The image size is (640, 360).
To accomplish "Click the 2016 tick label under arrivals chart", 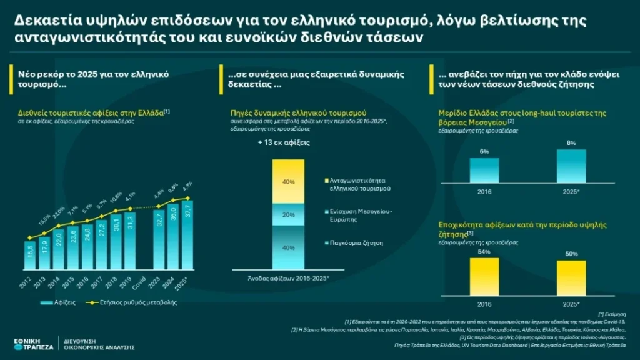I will click(83, 282).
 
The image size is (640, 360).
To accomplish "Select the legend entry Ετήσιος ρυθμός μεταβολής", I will click(141, 302).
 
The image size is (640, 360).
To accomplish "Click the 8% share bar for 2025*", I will click(571, 166).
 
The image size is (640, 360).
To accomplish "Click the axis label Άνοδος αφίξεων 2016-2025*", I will click(288, 277).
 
